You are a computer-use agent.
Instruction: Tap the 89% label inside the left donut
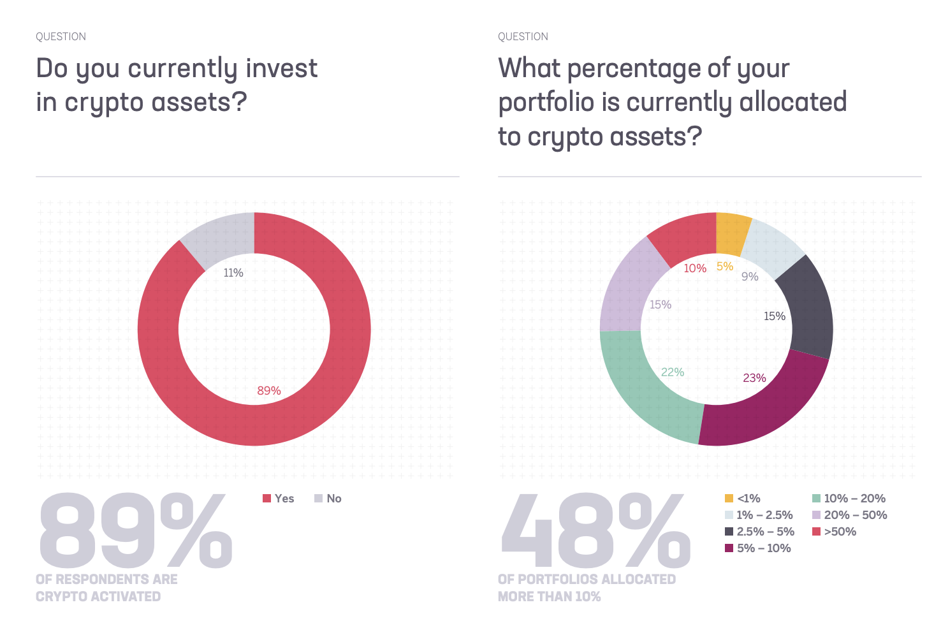coord(268,391)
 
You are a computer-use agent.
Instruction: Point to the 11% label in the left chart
coord(233,273)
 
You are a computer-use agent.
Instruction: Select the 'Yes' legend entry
coord(279,499)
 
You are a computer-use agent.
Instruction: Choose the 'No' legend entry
coord(328,499)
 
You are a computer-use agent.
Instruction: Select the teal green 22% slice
coord(644,389)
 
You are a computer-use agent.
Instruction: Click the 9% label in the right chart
coord(750,277)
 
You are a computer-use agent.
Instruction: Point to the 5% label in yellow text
coord(725,267)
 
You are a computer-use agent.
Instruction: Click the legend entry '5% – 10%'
coord(758,548)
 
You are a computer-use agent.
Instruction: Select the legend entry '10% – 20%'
coord(849,499)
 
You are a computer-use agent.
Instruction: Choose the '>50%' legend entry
coord(835,532)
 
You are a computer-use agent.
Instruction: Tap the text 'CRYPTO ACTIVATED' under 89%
coord(98,597)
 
